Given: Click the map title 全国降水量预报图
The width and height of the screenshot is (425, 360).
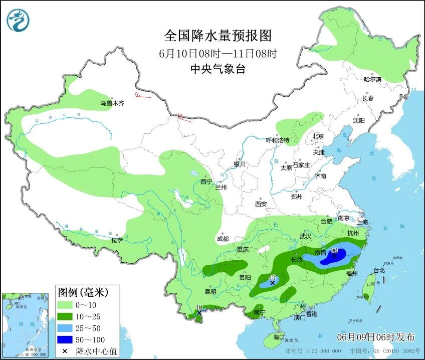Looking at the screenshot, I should coord(218,36).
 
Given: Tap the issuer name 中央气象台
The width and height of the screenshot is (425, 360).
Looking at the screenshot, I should coord(218,69).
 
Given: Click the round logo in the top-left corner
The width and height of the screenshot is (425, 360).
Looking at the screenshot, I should coord(18,20).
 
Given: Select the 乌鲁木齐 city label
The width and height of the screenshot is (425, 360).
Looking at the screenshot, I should coord(111,104).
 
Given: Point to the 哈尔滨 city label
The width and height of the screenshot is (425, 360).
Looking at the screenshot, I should coord(372,79).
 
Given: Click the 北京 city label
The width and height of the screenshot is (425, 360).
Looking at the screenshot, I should coord(318,136).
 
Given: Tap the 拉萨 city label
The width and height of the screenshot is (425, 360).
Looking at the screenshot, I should coord(117,241).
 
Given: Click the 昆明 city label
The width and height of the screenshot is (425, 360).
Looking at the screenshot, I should coord(210,292).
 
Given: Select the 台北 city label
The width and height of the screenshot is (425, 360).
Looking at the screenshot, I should coord(379,270).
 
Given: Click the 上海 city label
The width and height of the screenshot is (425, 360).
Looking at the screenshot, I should coord(362,222).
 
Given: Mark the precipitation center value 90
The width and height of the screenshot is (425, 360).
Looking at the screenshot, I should coord(334,251).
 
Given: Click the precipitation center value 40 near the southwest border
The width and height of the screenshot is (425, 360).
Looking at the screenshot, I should coord(199,307).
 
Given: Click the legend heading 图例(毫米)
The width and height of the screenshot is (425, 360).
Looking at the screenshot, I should coord(82,291).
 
